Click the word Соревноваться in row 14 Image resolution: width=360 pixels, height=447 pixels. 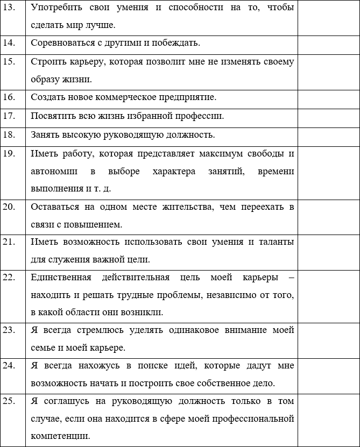tap(58, 43)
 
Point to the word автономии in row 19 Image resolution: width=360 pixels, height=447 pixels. tap(54, 171)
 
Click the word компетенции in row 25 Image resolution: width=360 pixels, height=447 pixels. tap(57, 436)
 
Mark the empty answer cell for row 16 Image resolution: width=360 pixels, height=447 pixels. tap(328, 98)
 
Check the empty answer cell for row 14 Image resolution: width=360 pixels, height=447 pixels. tap(328, 43)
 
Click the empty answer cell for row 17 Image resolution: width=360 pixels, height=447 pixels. tap(328, 116)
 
